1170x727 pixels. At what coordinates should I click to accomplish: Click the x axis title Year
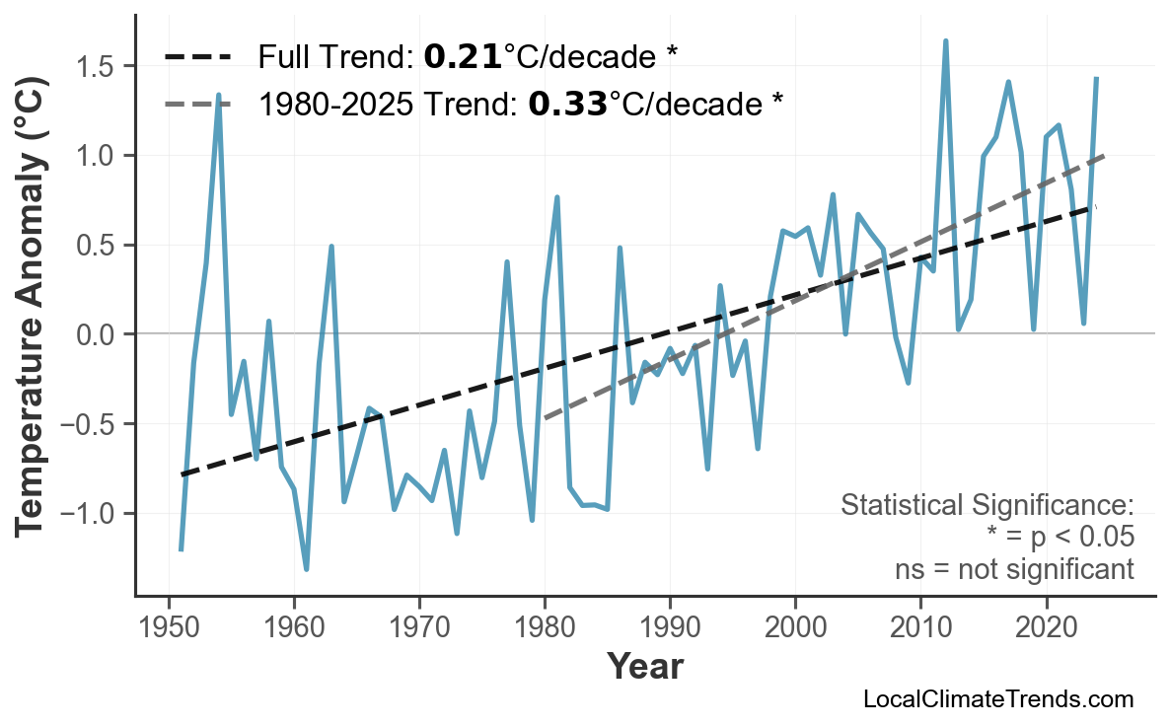pyautogui.click(x=644, y=667)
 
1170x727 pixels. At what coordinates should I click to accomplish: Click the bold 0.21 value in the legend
pyautogui.click(x=463, y=57)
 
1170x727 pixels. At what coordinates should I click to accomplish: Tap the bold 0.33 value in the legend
pyautogui.click(x=567, y=103)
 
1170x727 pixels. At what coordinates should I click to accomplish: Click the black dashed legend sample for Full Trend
pyautogui.click(x=197, y=57)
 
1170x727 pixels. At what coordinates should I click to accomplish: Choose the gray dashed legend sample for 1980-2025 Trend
pyautogui.click(x=197, y=103)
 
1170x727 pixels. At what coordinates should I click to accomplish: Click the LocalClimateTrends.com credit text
pyautogui.click(x=997, y=699)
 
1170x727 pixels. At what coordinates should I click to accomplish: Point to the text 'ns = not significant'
pyautogui.click(x=1014, y=569)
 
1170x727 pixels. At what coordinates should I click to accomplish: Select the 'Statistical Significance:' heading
pyautogui.click(x=987, y=506)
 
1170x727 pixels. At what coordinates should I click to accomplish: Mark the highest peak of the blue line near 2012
pyautogui.click(x=945, y=41)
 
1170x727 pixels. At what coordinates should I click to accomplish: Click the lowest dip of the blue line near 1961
pyautogui.click(x=307, y=569)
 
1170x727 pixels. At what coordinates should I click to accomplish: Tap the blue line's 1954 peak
pyautogui.click(x=218, y=95)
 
